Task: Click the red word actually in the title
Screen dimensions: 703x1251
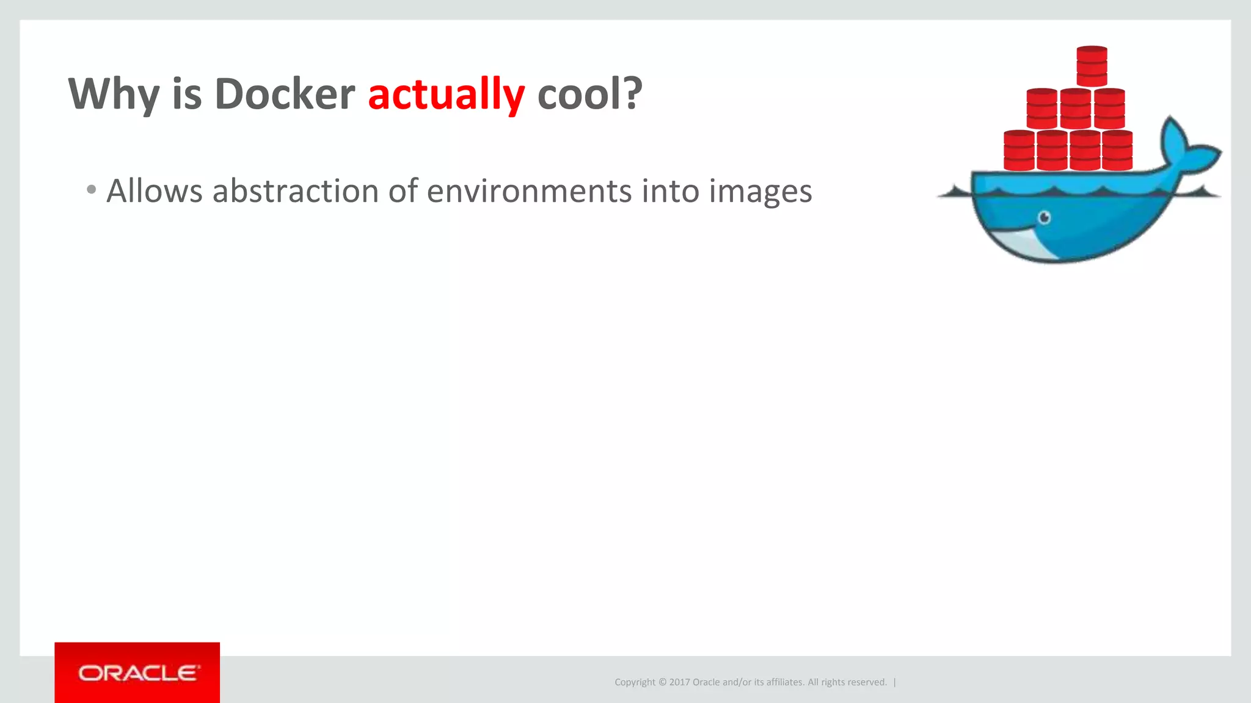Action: (446, 95)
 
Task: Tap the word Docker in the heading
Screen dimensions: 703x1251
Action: (285, 95)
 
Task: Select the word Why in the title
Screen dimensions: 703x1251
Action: (114, 95)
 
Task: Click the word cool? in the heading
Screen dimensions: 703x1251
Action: (589, 95)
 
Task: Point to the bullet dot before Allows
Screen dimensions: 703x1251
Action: (92, 190)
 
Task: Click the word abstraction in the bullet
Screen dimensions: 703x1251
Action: (294, 191)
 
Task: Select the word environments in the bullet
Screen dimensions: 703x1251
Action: (529, 191)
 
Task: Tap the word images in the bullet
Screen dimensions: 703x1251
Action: (760, 192)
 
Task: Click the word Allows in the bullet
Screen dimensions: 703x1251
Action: (155, 191)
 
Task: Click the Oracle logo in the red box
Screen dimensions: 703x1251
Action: (137, 673)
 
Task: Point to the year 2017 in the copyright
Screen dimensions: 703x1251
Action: (679, 682)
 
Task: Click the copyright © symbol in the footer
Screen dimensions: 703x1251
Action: (662, 682)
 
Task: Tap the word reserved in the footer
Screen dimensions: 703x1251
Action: (866, 682)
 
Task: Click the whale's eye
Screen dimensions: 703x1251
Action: (1045, 217)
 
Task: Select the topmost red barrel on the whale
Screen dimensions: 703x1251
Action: (1092, 66)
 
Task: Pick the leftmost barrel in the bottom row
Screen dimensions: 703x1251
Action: (1019, 150)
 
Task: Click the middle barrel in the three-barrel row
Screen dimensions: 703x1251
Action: (1075, 109)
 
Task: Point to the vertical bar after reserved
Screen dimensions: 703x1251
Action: (895, 682)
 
